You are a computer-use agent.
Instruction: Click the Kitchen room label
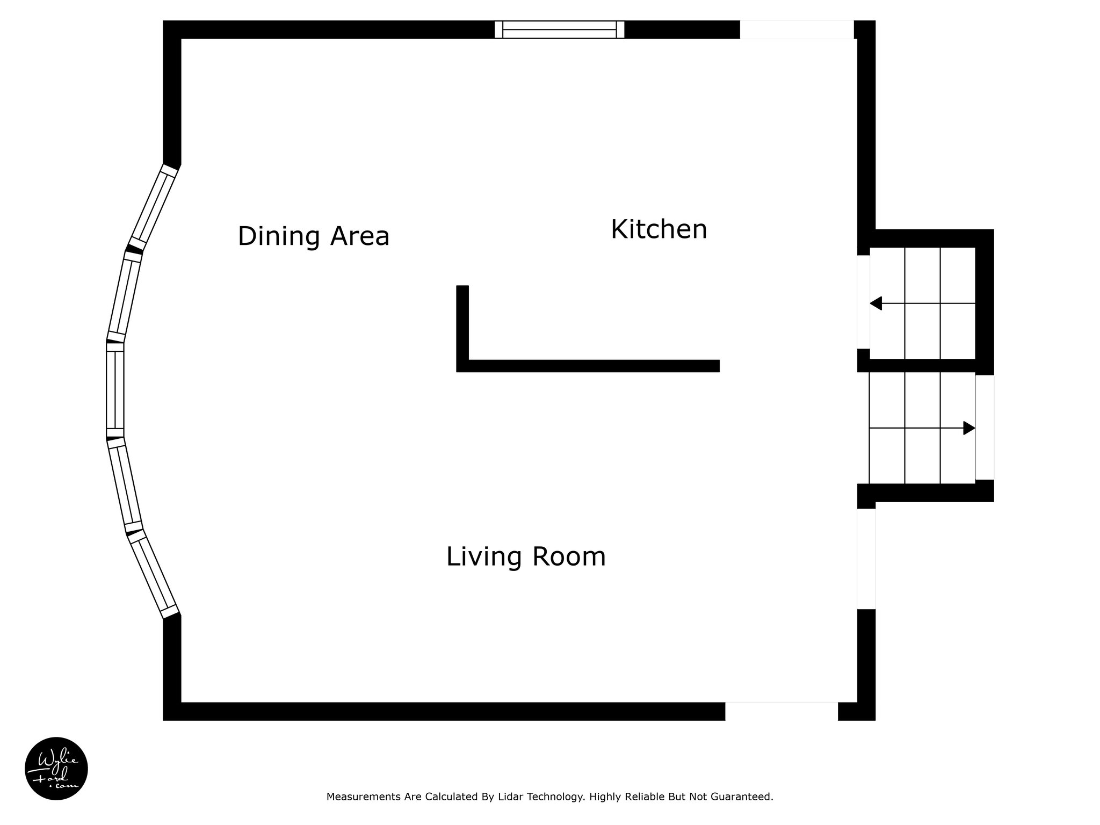pos(659,230)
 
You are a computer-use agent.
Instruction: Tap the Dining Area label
pos(314,236)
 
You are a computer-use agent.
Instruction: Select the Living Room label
pos(526,556)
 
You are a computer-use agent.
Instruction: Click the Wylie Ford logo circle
pos(56,769)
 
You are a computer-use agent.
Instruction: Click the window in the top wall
pos(560,30)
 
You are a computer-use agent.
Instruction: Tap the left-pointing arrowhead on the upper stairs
pos(875,303)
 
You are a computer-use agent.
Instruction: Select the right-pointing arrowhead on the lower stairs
pos(969,428)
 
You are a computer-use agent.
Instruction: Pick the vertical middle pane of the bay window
pos(115,390)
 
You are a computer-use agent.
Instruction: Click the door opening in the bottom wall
pos(781,711)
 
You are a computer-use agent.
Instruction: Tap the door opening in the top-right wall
pos(797,30)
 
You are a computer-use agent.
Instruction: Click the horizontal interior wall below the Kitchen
pos(588,366)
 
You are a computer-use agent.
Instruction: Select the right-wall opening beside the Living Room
pos(866,559)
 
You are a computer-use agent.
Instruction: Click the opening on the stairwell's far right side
pos(985,427)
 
